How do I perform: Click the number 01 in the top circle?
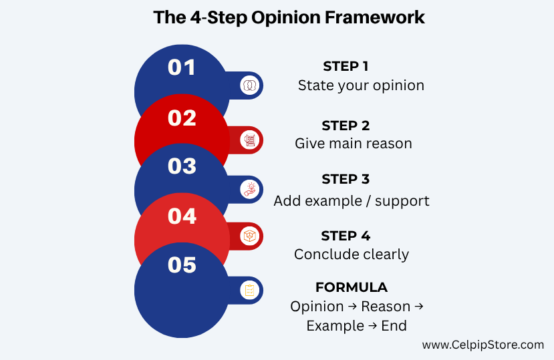pos(182,67)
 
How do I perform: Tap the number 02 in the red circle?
pos(182,118)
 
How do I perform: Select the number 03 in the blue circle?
pos(182,166)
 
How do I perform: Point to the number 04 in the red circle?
pos(182,216)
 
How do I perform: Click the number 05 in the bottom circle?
pos(182,265)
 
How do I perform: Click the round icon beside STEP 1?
pos(250,85)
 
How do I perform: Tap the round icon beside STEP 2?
pos(250,140)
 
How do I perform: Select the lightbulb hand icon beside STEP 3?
pos(250,190)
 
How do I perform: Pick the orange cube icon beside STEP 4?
pos(250,236)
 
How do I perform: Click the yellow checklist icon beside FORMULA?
pos(250,290)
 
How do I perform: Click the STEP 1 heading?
pos(345,66)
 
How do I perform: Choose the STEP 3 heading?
pos(345,179)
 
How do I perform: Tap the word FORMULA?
pos(352,287)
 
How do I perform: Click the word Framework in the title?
pos(374,17)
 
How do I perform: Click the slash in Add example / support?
pos(368,201)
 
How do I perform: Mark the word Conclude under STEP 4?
pos(321,254)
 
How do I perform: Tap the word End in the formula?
pos(394,325)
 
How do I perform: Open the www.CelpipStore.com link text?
pos(483,345)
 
